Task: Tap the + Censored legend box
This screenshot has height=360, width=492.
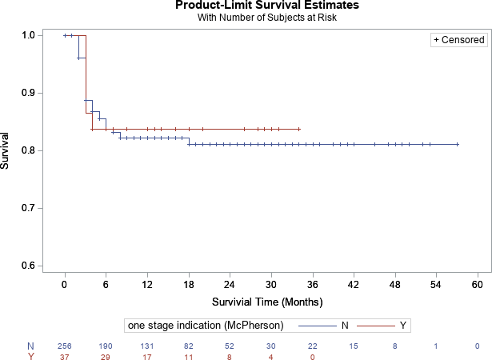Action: pos(458,39)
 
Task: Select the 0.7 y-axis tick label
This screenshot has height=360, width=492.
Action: pos(27,208)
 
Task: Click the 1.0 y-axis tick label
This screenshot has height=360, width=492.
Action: pos(27,35)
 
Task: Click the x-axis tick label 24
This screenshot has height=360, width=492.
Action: pos(230,285)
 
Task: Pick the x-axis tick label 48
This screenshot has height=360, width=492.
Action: pos(394,285)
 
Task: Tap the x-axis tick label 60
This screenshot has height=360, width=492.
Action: pos(477,285)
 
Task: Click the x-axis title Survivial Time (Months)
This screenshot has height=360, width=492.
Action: pos(267,302)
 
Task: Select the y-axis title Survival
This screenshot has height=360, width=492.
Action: pos(7,150)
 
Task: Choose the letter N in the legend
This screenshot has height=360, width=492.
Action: pos(344,325)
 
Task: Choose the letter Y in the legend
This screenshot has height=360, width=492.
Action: pos(402,325)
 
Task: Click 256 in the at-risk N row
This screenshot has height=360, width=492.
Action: pos(65,346)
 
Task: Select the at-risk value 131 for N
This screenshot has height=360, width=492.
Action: pos(147,346)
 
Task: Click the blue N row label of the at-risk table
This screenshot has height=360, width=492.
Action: pos(30,346)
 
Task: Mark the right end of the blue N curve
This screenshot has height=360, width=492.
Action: pos(457,145)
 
